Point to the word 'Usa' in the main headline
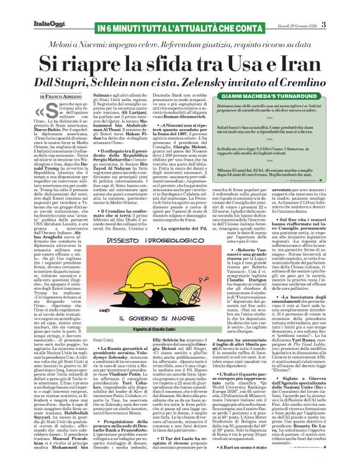tap(242, 63)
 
